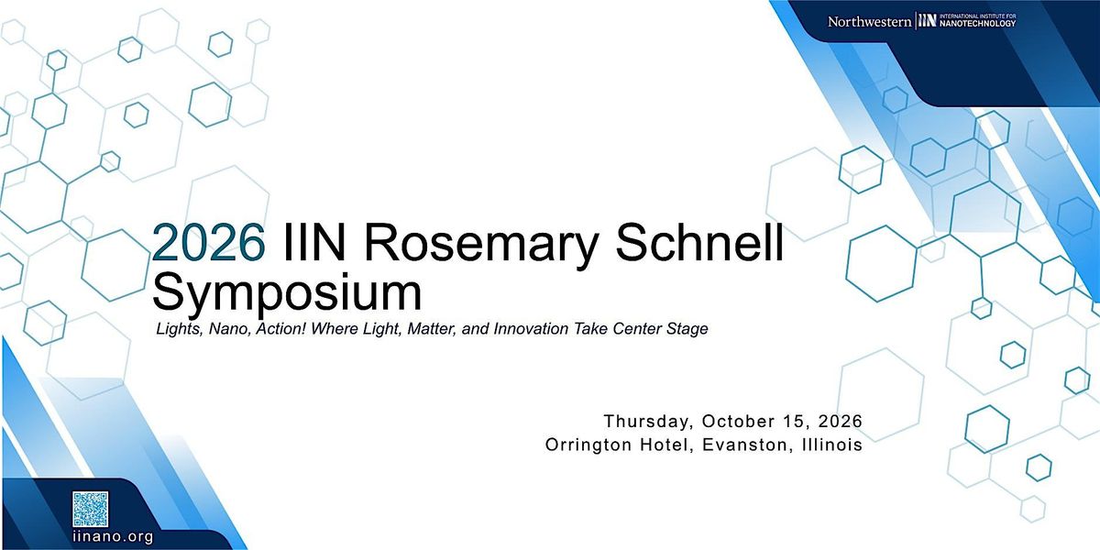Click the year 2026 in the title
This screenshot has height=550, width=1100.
pyautogui.click(x=209, y=242)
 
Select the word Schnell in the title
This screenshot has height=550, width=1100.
pyautogui.click(x=699, y=242)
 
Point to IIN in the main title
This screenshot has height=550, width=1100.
pyautogui.click(x=314, y=242)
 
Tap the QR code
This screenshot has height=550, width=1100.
pyautogui.click(x=91, y=510)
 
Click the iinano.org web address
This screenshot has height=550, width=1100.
pyautogui.click(x=113, y=537)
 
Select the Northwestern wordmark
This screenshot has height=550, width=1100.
pyautogui.click(x=869, y=22)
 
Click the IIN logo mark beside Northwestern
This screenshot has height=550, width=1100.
pyautogui.click(x=927, y=21)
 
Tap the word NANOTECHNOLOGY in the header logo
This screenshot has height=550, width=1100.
pyautogui.click(x=977, y=24)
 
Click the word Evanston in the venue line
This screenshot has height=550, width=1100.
pyautogui.click(x=745, y=445)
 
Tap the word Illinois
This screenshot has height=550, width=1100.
pyautogui.click(x=832, y=445)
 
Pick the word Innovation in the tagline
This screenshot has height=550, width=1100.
pyautogui.click(x=531, y=328)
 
